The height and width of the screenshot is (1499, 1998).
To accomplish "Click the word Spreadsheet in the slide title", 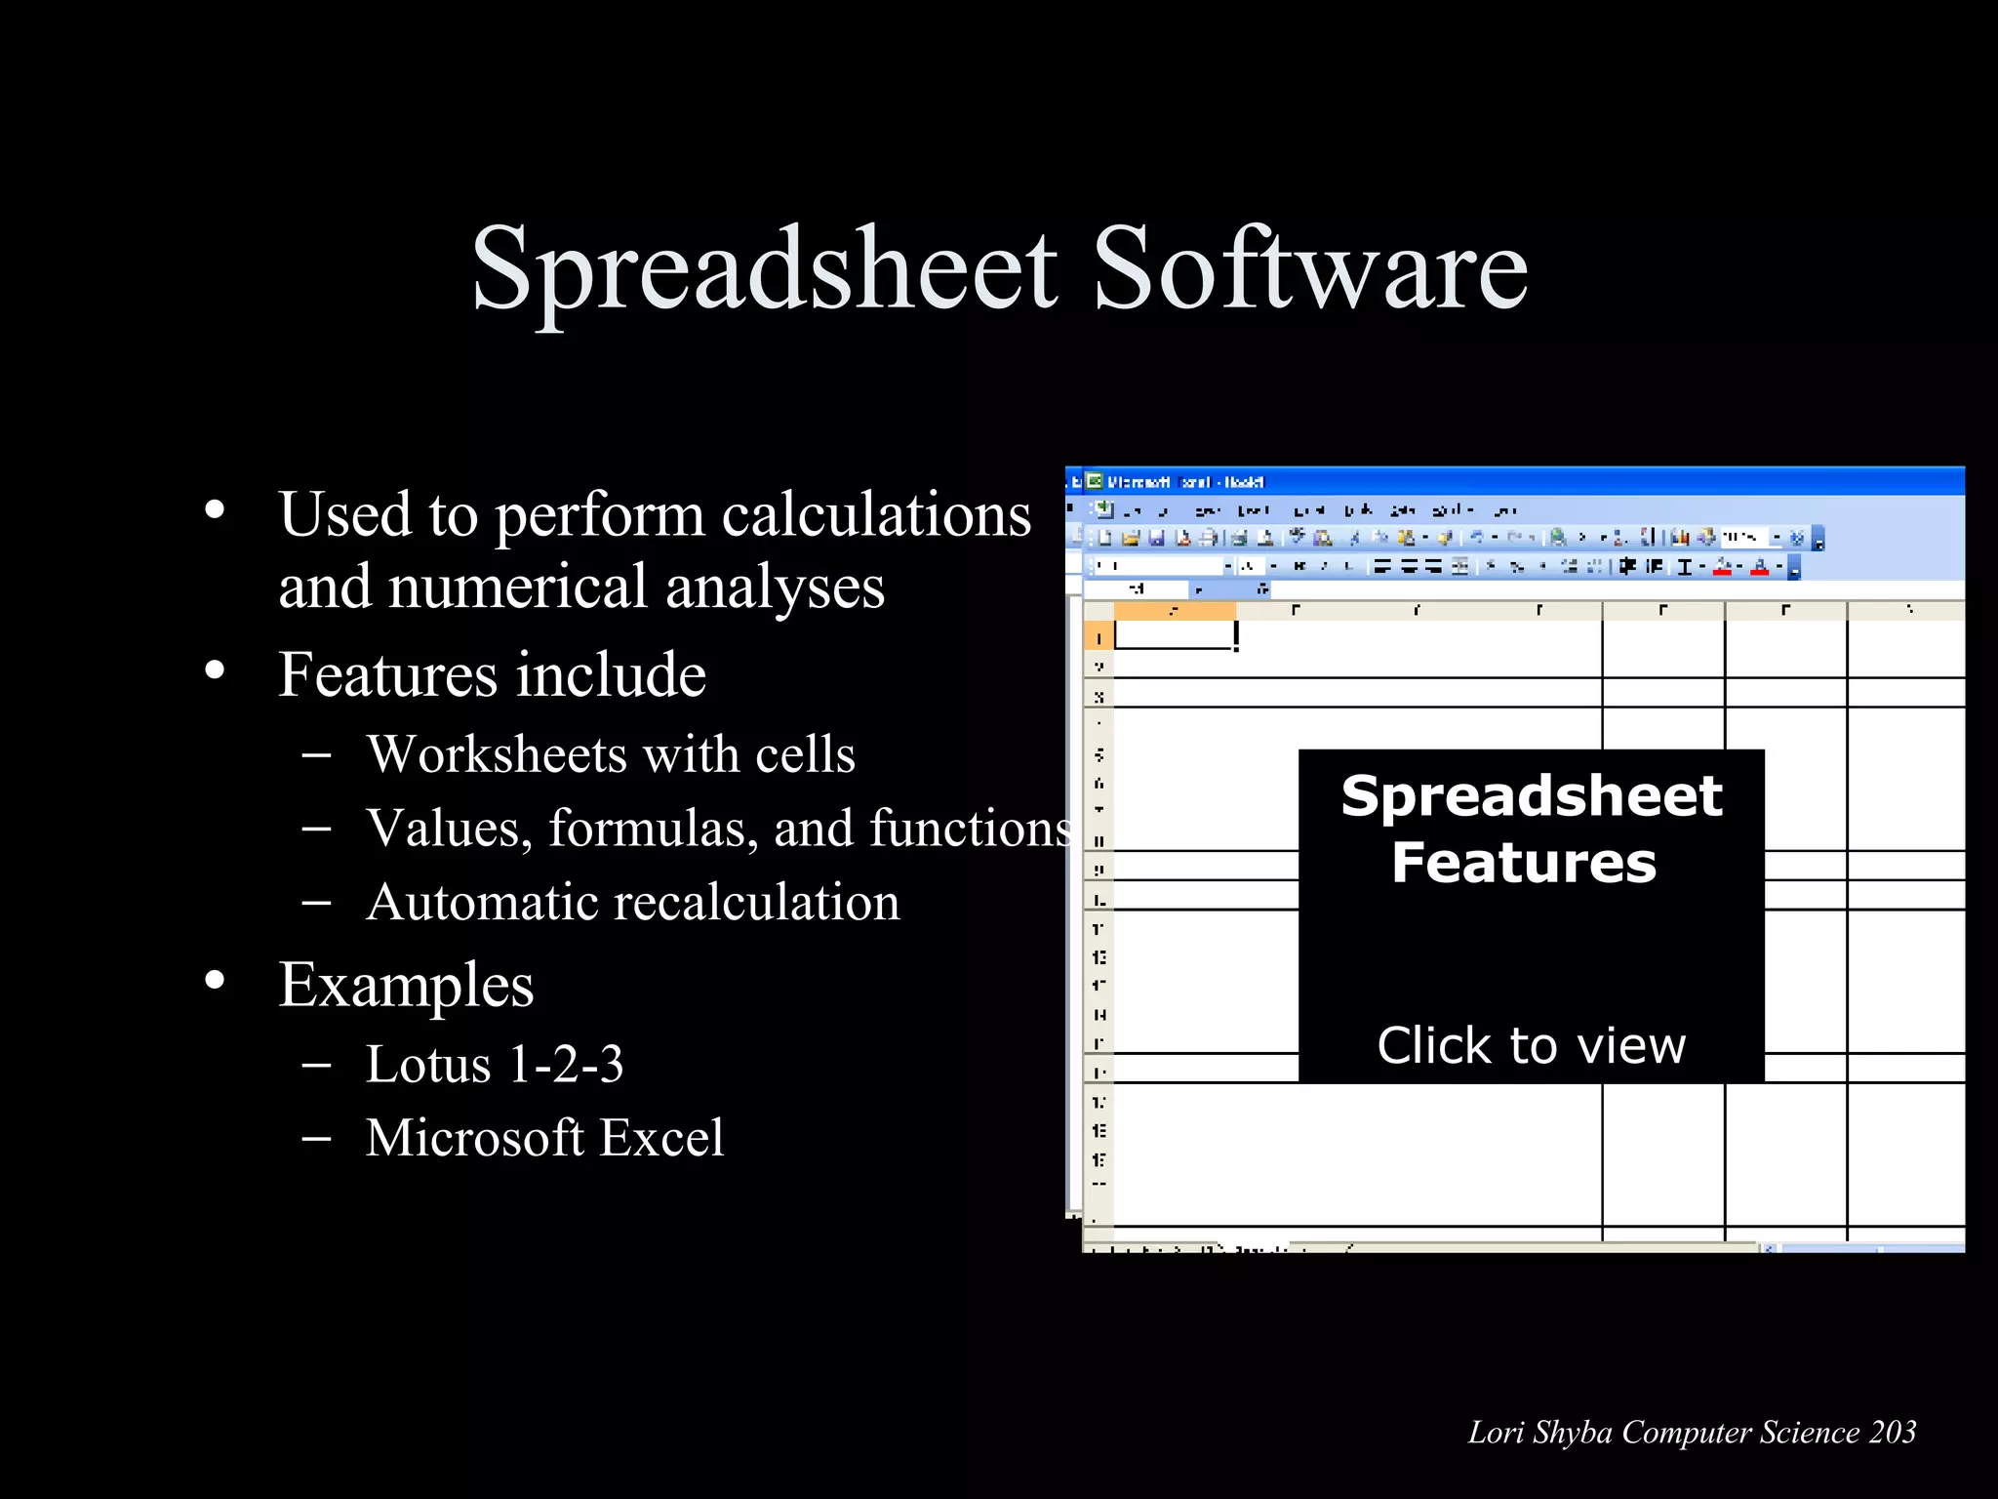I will [764, 268].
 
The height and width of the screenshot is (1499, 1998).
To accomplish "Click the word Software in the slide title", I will [1309, 268].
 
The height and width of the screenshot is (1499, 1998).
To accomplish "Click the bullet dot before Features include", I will [215, 670].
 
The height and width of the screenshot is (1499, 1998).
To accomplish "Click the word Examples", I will [406, 985].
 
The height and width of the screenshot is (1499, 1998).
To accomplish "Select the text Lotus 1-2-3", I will [494, 1064].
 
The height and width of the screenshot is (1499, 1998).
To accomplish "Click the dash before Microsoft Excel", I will [316, 1138].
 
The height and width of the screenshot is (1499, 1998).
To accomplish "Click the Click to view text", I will [1531, 1045].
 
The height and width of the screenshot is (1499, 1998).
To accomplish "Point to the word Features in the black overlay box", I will [1524, 863].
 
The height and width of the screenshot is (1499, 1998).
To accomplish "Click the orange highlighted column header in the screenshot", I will [1174, 611].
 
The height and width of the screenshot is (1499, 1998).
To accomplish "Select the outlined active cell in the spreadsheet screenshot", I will [1174, 635].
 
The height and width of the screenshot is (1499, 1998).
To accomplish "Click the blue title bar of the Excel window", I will [1561, 481].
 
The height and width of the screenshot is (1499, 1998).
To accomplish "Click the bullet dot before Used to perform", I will [215, 509].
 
